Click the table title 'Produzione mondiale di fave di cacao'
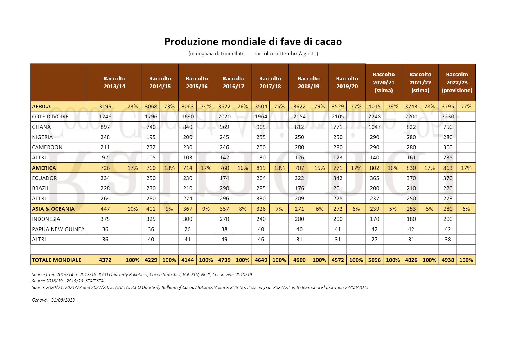pos(253,42)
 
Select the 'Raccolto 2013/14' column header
pos(114,82)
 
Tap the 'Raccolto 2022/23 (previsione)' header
pos(457,82)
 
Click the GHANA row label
pos(41,127)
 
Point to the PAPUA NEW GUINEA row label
pos(58,229)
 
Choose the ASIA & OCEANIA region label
pos(53,209)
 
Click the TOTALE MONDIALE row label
pos(56,260)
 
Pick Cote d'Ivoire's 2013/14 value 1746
pos(105,117)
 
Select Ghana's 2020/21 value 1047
pos(375,127)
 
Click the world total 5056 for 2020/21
pos(375,260)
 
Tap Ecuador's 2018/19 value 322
pos(299,178)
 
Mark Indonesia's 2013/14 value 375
pos(105,219)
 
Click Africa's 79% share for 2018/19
pos(319,106)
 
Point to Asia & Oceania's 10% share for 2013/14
pos(133,209)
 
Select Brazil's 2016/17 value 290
pos(224,188)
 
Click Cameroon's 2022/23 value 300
pos(448,147)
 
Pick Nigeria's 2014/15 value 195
pos(151,137)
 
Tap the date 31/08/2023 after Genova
pos(63,300)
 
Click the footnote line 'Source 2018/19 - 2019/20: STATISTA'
pos(68,281)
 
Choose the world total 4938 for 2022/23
pos(448,260)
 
